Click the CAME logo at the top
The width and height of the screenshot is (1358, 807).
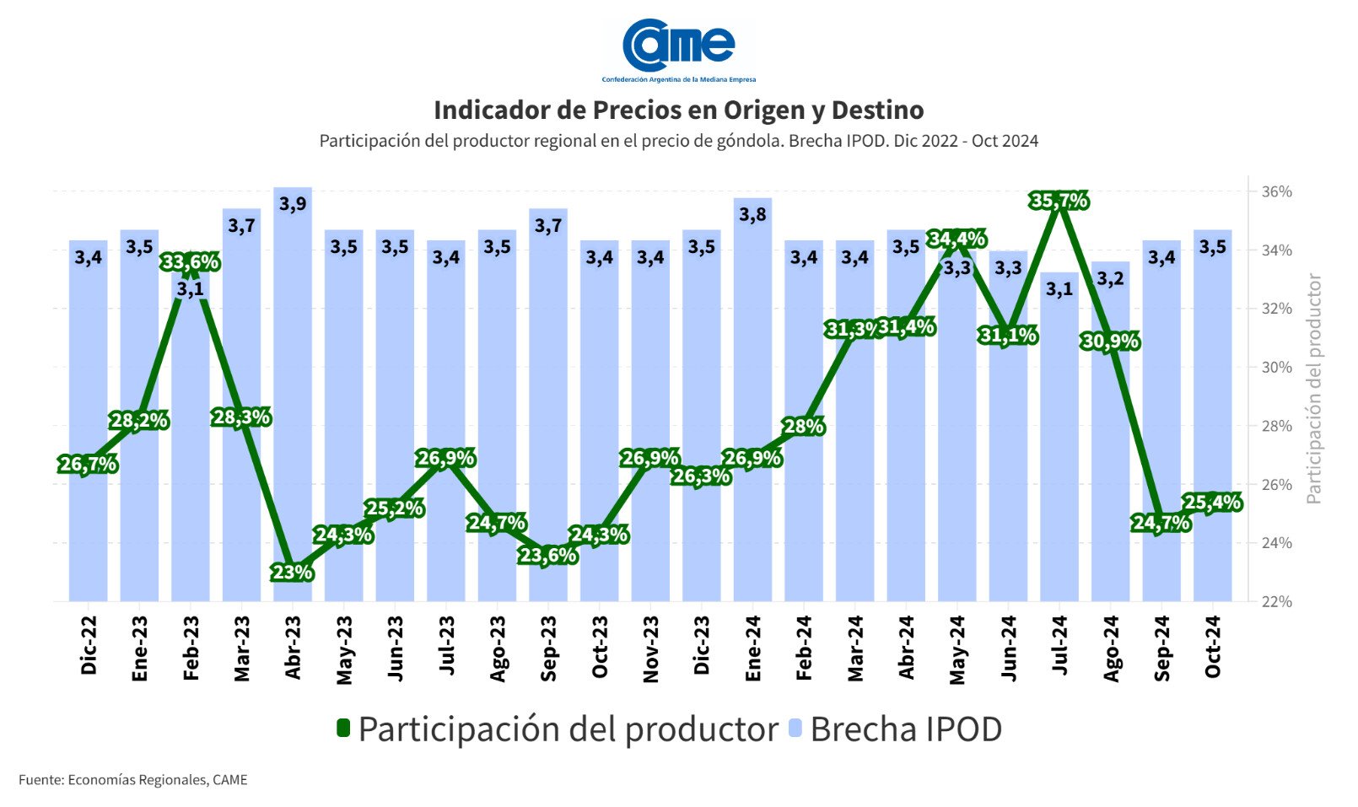[x=679, y=48]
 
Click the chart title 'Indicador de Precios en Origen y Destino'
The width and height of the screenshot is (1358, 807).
[x=678, y=110]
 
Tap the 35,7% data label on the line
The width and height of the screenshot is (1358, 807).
[x=1059, y=201]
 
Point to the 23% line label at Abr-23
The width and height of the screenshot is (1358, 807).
[x=292, y=573]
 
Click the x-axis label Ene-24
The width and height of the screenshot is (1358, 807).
[x=753, y=648]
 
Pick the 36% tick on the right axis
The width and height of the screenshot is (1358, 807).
[x=1276, y=191]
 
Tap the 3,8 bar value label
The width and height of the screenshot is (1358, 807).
[x=752, y=214]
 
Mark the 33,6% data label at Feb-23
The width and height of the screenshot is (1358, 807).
[x=190, y=262]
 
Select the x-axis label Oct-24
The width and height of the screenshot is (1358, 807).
[x=1213, y=647]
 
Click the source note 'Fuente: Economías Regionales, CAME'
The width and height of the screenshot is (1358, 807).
[x=133, y=779]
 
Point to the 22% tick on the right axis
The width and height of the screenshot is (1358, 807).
[x=1276, y=601]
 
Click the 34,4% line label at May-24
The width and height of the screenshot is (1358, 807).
[x=957, y=239]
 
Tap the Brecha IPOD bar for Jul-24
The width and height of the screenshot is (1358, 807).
[x=1059, y=438]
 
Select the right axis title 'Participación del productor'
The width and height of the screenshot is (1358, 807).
[x=1313, y=389]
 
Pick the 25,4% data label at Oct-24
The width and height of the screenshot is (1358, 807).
[x=1212, y=503]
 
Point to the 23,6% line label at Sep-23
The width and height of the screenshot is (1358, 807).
[x=548, y=555]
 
